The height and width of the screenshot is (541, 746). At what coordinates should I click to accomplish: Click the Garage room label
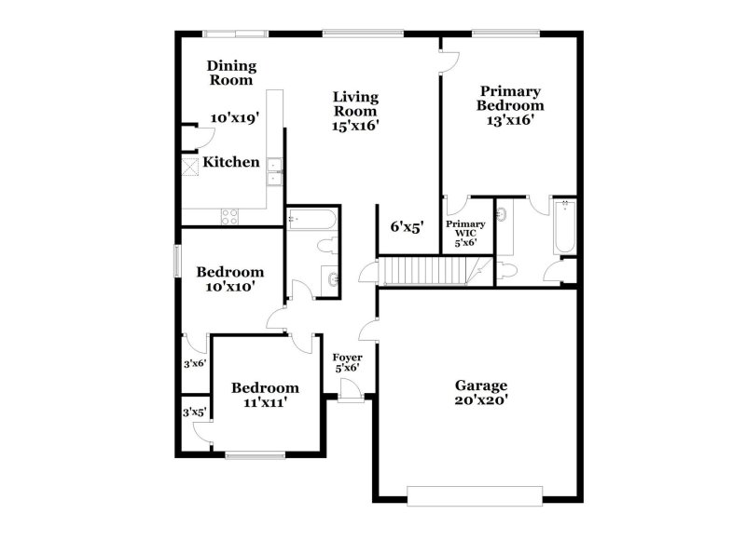480,385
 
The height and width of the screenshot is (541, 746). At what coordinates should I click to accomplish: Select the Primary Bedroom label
510,98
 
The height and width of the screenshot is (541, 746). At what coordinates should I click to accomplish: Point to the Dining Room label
230,73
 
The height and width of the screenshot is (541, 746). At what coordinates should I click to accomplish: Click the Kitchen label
231,162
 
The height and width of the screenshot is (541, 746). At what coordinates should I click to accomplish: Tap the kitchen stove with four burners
229,217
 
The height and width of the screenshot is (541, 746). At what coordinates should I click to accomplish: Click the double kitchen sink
275,173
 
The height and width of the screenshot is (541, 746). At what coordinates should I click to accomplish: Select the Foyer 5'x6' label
347,362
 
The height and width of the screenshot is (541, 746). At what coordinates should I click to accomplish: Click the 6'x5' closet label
407,226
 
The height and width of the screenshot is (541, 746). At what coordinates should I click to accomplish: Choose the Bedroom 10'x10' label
229,279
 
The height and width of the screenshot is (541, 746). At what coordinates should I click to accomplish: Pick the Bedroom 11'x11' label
266,395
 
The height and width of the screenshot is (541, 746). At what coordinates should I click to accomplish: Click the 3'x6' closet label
194,364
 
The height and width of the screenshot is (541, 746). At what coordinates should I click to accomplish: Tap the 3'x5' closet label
194,411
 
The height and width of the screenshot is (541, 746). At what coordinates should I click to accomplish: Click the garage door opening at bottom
476,495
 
